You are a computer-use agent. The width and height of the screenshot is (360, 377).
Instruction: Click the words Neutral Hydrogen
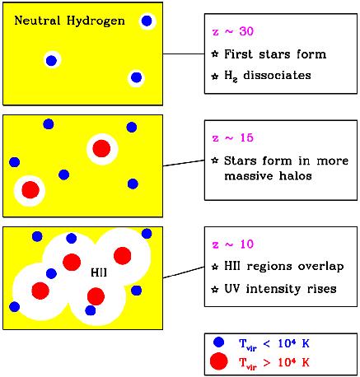pos(69,21)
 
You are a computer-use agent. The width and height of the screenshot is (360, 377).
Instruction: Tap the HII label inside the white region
pos(99,272)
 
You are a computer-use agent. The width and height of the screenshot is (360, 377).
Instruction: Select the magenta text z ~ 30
pos(233,31)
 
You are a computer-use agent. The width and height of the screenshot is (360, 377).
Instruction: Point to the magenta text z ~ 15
pos(233,137)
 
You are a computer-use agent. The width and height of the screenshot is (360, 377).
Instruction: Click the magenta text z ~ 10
pos(233,244)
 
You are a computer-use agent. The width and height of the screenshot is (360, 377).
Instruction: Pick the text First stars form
pos(275,54)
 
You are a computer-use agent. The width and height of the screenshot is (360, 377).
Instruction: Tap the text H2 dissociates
pos(268,76)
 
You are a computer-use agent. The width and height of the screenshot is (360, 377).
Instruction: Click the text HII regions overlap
pos(284,267)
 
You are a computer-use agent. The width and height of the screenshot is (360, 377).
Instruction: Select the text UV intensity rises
pos(280,289)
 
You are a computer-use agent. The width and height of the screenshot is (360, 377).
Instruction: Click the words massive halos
pos(268,176)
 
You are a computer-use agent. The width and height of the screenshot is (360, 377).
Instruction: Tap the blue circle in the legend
pos(218,342)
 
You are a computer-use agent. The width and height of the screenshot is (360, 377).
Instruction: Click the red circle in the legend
pos(218,361)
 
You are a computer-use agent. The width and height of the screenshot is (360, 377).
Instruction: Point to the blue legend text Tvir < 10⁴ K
pos(274,343)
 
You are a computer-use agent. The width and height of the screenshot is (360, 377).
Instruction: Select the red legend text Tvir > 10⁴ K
pos(274,363)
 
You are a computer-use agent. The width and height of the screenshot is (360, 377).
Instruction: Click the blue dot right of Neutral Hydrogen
pos(147,21)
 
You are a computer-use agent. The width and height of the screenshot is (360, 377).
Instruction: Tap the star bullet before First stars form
pos(215,54)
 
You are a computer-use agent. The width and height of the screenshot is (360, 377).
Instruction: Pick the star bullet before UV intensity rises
pos(215,289)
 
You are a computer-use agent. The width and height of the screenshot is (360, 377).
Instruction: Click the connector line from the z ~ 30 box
pos(184,54)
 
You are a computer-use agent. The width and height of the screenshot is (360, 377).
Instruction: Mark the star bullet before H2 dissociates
pos(215,76)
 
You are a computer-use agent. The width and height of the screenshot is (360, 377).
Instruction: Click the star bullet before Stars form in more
pos(215,161)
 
